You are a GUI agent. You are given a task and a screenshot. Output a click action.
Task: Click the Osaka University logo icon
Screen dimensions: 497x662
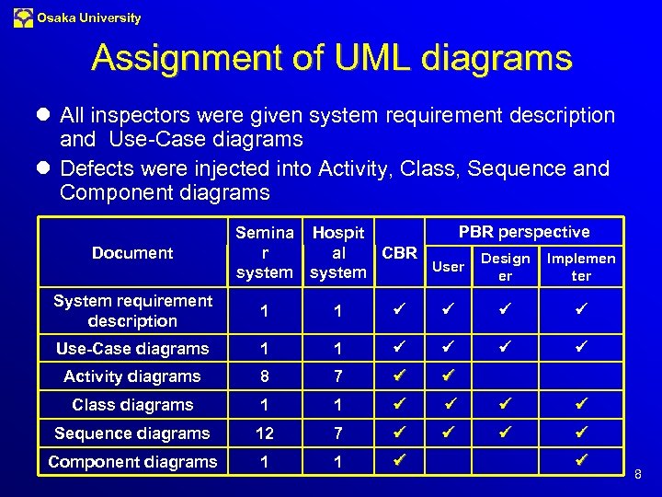pos(23,17)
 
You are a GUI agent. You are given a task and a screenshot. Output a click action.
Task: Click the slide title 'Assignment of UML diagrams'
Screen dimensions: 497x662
pos(331,59)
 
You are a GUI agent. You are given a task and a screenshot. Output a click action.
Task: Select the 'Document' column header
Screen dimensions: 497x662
pos(132,252)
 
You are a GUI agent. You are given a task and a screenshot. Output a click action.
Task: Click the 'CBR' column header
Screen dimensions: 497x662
pos(399,252)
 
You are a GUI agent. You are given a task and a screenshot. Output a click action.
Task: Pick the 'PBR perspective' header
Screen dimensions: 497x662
pos(523,232)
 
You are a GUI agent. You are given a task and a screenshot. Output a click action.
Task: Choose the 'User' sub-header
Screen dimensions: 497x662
pos(448,266)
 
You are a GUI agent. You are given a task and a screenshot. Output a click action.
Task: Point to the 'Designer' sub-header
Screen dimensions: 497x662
pos(506,267)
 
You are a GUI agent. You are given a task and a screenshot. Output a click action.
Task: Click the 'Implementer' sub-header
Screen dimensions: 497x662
pos(581,267)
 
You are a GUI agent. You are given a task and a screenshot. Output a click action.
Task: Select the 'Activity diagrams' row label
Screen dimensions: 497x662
pos(131,376)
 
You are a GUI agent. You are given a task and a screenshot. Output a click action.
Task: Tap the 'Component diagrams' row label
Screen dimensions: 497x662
pos(132,462)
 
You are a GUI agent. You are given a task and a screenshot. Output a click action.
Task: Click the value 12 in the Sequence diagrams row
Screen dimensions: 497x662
pos(265,433)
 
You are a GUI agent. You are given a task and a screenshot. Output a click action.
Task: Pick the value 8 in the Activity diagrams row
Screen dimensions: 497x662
pos(265,376)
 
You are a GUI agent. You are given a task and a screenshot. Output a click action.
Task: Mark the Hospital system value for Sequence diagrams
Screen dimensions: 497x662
pos(337,433)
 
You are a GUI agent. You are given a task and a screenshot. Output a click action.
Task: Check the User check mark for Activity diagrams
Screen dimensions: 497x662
pos(448,376)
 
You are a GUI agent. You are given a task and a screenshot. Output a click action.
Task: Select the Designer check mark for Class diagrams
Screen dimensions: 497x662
pos(506,404)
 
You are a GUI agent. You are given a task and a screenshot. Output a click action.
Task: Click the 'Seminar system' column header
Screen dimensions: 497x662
pos(265,252)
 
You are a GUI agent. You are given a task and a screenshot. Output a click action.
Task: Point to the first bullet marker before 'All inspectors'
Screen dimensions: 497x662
pos(44,116)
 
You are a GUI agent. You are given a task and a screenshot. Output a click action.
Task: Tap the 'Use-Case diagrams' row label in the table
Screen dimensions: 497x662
pos(132,349)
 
